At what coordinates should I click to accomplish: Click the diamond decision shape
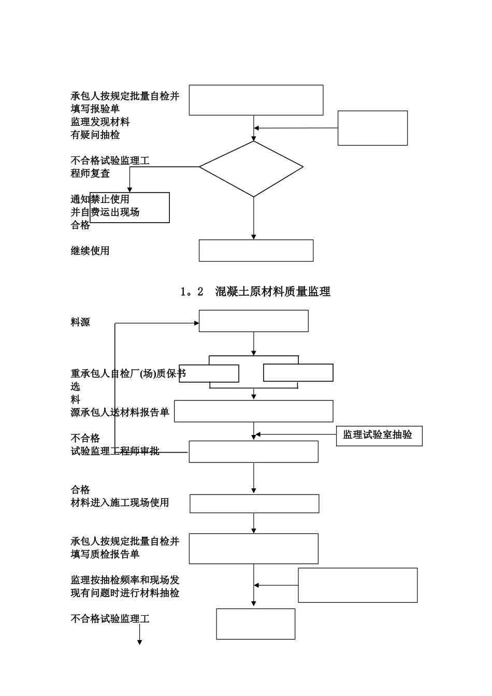pos(251,167)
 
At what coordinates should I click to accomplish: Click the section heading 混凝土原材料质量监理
pos(272,292)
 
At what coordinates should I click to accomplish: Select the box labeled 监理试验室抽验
pos(379,436)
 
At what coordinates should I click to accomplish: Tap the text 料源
pos(80,322)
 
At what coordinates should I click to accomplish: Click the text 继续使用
pos(90,251)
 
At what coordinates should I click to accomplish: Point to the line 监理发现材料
pos(100,122)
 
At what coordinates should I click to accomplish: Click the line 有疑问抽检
pos(95,135)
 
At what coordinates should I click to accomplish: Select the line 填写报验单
pos(95,109)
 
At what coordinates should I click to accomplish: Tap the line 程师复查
pos(90,173)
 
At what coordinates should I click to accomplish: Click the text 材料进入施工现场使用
pos(120,502)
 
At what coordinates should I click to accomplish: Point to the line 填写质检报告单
pos(105,554)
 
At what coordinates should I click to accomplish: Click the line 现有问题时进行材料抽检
pos(125,593)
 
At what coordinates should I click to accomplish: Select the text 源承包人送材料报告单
pos(120,412)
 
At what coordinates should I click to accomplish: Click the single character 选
pos(76,387)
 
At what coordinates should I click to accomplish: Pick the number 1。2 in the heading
pos(192,292)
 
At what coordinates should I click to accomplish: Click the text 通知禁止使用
pos(100,199)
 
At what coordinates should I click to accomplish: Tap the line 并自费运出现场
pos(105,212)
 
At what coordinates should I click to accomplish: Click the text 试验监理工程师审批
pos(115,451)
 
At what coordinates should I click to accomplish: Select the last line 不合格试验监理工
pos(110,618)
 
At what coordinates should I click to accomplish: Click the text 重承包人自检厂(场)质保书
pos(128,373)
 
